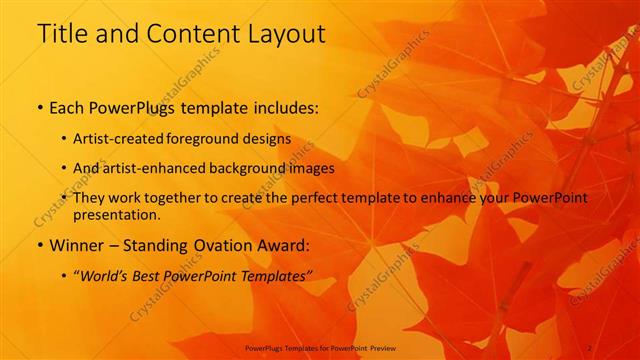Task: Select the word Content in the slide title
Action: (184, 33)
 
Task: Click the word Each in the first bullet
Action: (68, 105)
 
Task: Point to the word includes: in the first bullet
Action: (283, 105)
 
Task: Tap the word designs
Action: (271, 138)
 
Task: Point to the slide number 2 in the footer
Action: (590, 348)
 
